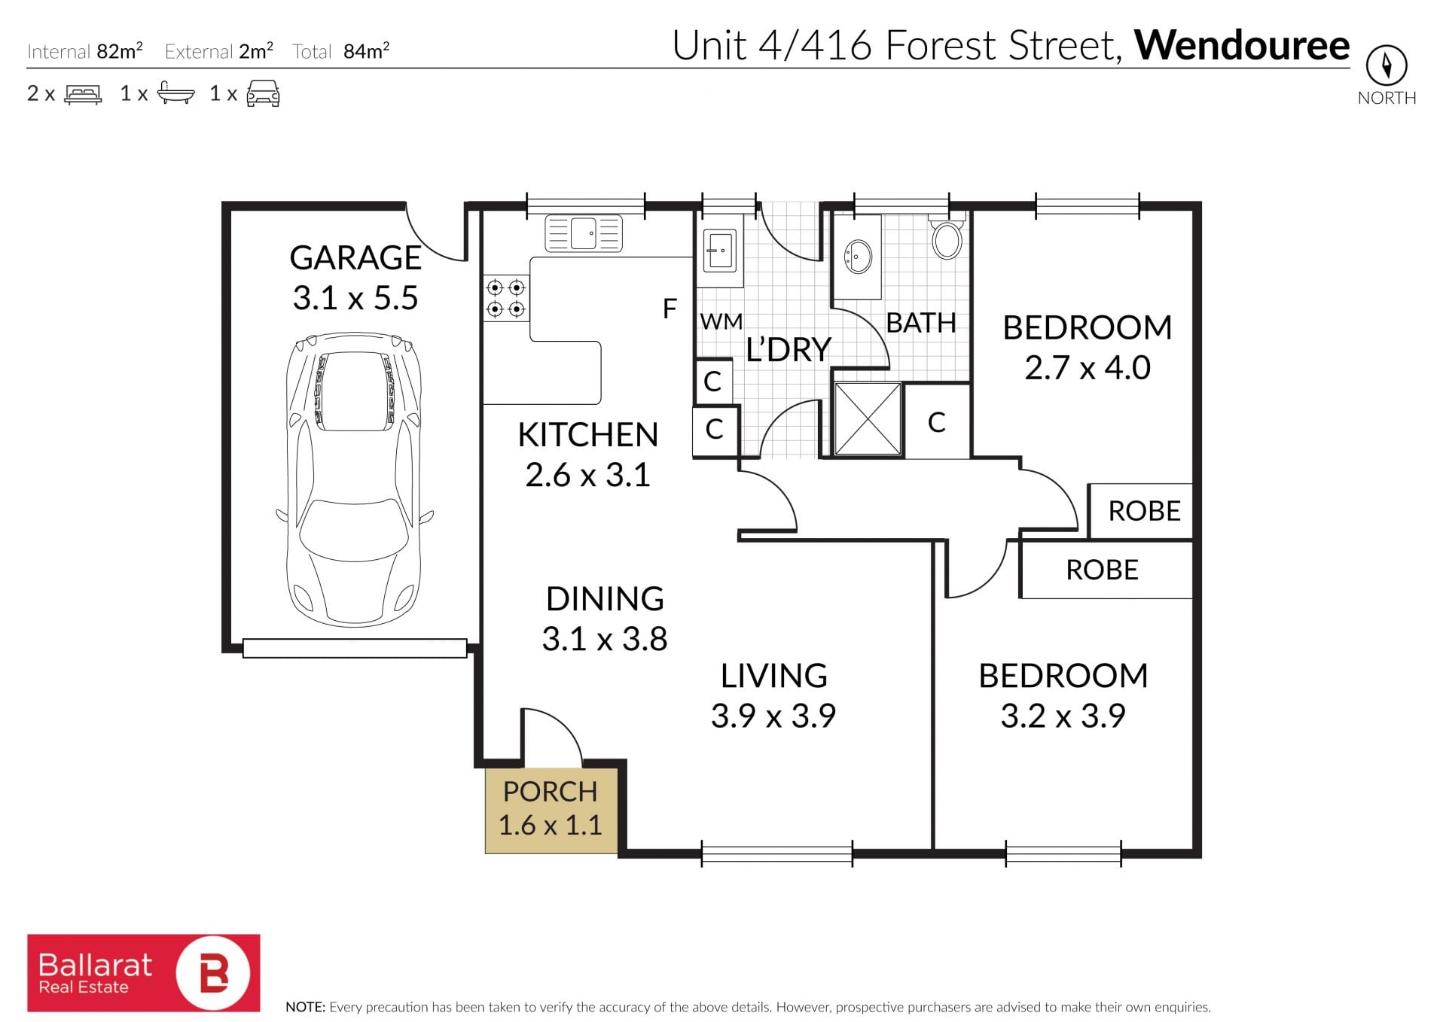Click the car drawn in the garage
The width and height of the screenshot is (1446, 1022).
354,480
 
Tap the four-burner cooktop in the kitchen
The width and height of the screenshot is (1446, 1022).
505,298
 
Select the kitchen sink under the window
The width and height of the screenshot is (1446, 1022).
584,233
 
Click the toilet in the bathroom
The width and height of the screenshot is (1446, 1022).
947,236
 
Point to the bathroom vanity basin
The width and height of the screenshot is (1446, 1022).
858,257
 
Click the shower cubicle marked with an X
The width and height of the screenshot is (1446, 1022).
868,419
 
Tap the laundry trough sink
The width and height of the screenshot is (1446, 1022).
719,250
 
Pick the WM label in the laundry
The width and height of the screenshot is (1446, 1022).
721,322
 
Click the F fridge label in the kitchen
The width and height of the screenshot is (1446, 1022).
670,309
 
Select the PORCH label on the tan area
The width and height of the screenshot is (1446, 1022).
550,792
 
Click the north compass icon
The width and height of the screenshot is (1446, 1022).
1387,65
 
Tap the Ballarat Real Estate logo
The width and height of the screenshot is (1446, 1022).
144,973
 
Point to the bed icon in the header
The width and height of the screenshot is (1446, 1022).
83,94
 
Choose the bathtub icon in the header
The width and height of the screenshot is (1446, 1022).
175,93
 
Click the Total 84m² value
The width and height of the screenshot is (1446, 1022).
366,50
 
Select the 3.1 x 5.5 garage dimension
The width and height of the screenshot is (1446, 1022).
355,298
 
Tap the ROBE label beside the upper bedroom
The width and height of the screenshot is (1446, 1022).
1144,511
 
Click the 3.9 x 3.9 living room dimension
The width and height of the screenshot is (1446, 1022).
773,716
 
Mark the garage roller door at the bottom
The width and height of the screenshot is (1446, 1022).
355,648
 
